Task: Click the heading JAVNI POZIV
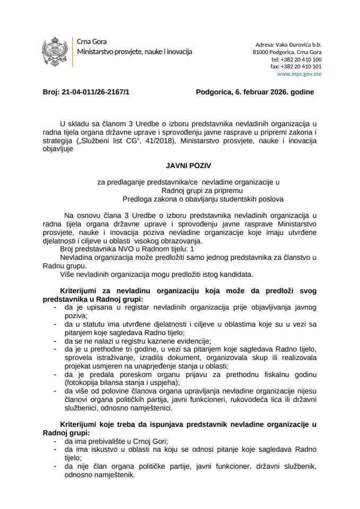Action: click(180, 165)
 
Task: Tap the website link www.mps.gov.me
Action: click(303, 74)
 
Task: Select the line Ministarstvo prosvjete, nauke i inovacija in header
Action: click(135, 52)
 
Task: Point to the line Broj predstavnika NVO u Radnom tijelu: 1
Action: click(123, 249)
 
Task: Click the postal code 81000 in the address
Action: click(262, 53)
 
